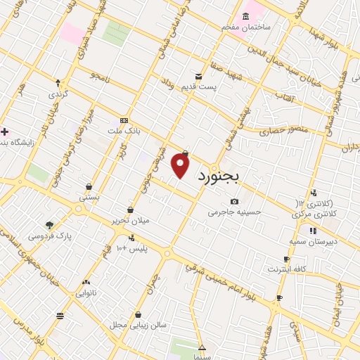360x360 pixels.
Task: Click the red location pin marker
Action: (x=181, y=165)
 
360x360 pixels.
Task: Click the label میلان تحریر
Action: (x=130, y=221)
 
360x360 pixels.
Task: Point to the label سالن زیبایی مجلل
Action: (x=139, y=326)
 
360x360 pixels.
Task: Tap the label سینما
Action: (x=202, y=358)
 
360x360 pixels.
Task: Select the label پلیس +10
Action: (x=132, y=249)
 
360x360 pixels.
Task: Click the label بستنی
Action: (x=89, y=198)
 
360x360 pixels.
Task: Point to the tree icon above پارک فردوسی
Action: (x=49, y=226)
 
